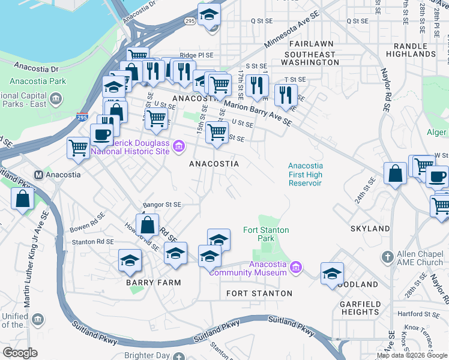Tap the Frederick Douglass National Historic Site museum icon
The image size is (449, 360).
[x=178, y=146]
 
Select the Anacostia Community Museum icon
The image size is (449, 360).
[x=295, y=267]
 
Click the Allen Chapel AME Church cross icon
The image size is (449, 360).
[x=388, y=257]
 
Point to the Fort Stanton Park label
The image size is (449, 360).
[x=266, y=234]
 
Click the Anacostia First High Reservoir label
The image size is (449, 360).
[x=305, y=174]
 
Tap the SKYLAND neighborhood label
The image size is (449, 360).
[x=370, y=229]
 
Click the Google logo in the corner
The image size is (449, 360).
[x=20, y=352]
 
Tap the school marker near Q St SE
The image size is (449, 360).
[x=209, y=15]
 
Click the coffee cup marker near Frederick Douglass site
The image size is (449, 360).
[x=101, y=135]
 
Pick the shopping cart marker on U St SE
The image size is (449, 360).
[x=217, y=132]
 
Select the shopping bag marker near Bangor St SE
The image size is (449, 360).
[x=148, y=226]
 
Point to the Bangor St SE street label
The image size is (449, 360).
[x=161, y=205]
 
